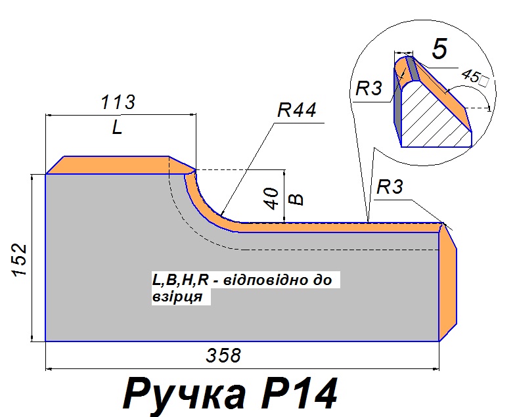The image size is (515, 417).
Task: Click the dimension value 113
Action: tap(118, 103)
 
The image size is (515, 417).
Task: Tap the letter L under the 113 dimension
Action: tap(118, 128)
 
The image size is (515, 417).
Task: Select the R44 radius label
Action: tap(296, 110)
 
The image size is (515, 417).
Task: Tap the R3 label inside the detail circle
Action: tap(368, 89)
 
